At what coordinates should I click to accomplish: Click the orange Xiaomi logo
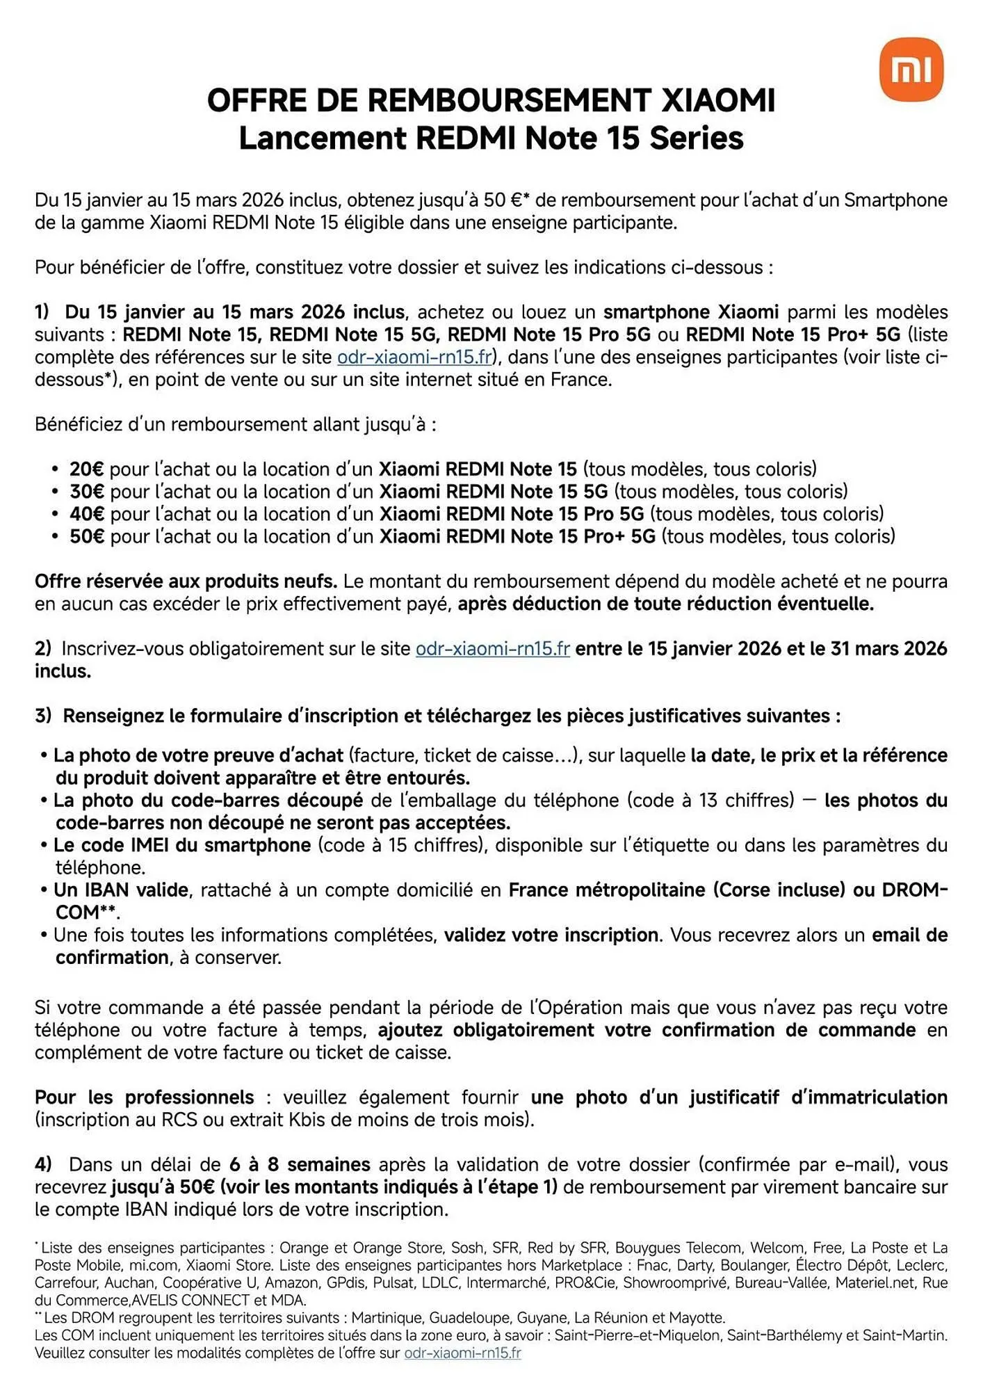911,70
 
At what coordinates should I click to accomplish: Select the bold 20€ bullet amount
86,469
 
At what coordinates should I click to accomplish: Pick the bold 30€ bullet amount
86,492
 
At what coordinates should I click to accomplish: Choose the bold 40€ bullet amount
86,514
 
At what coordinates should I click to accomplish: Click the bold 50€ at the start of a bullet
86,536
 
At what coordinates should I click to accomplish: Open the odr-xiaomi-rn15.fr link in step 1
414,357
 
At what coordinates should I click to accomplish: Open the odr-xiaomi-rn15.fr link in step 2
492,649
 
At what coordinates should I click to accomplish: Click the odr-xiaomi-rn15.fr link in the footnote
462,1353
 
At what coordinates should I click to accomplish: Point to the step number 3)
43,716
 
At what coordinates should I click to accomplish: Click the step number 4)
43,1164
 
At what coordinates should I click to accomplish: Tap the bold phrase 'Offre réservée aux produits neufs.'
186,581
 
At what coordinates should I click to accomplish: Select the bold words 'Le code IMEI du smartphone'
182,845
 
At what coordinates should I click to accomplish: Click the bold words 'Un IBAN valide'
121,890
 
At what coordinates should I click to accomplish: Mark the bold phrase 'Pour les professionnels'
144,1097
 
